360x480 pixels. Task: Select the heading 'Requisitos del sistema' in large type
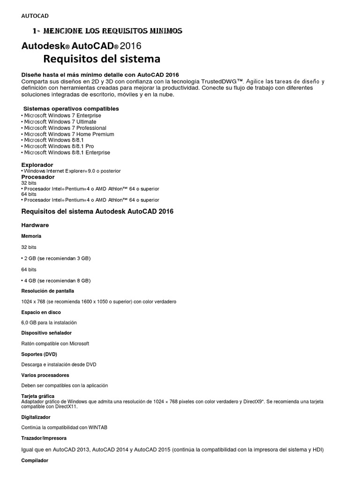(x=102, y=59)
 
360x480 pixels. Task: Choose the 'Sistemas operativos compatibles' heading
(x=71, y=109)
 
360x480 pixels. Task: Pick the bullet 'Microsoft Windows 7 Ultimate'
(x=60, y=122)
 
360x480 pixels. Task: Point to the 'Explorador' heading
(x=37, y=165)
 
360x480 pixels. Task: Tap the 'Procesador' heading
(x=38, y=177)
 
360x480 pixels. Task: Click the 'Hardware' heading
(x=35, y=225)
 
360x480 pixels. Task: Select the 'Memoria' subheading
(x=31, y=236)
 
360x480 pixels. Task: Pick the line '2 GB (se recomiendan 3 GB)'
(x=57, y=258)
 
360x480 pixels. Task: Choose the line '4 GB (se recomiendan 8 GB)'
(x=57, y=280)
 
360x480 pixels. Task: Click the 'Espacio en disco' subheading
(x=41, y=312)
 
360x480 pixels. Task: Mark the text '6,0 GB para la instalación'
(x=49, y=322)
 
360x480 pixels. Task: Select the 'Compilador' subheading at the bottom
(x=35, y=461)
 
